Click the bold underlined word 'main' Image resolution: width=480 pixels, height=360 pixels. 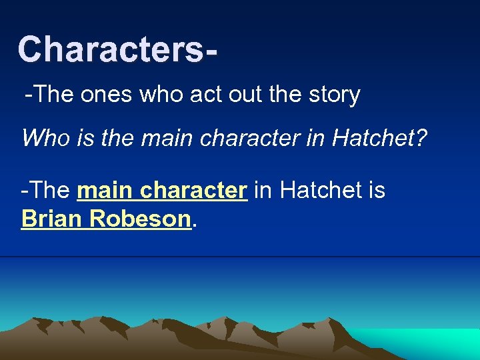tap(105, 191)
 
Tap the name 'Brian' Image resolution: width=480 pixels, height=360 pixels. tap(49, 219)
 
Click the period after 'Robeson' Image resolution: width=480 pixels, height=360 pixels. tap(194, 225)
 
